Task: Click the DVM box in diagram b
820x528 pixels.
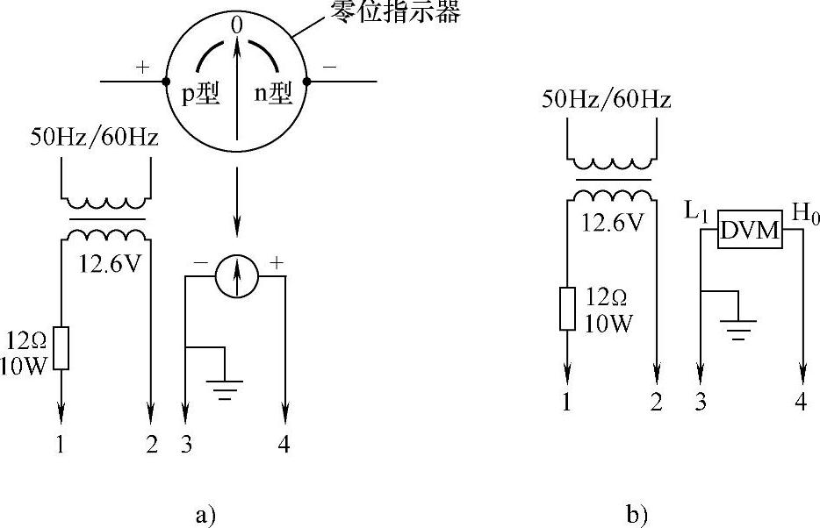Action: click(x=749, y=229)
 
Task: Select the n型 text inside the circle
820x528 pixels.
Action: click(x=273, y=93)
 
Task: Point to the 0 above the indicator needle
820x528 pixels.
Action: click(x=236, y=26)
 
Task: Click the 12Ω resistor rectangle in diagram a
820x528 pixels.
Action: click(x=61, y=348)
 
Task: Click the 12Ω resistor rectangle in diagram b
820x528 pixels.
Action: click(x=568, y=309)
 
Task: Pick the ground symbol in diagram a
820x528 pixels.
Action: click(x=226, y=385)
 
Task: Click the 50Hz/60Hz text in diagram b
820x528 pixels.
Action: click(x=607, y=99)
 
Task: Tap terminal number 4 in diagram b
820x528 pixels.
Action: click(x=800, y=403)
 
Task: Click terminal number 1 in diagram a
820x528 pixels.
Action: click(x=61, y=446)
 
